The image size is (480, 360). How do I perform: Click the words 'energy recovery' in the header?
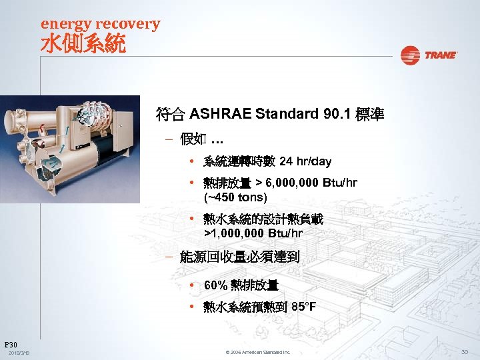click(101, 24)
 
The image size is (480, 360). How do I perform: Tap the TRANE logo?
click(429, 55)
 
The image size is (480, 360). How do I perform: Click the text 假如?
click(193, 139)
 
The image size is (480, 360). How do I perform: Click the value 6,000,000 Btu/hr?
click(311, 184)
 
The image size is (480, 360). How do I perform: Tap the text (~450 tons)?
click(235, 197)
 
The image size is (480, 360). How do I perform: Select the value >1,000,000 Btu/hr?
click(253, 233)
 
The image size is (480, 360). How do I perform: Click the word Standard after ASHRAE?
click(288, 114)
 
